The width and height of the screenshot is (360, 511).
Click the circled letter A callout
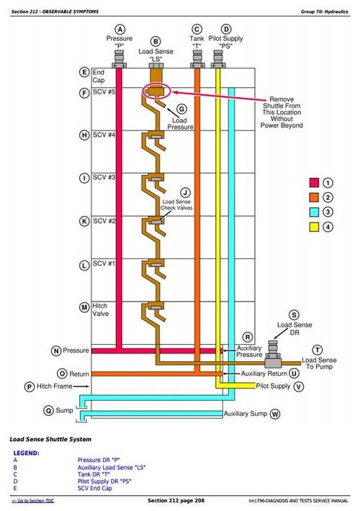[x=120, y=29]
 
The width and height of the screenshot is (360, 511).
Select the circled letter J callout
[x=185, y=192]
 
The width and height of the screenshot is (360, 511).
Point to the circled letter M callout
[x=84, y=307]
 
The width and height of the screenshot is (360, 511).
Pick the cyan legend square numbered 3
[x=315, y=212]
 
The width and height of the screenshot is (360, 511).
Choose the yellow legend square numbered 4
[x=315, y=227]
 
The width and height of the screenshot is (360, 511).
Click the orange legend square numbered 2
[x=315, y=197]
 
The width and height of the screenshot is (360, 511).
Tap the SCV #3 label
[x=104, y=177]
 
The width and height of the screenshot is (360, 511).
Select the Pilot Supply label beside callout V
[x=273, y=386]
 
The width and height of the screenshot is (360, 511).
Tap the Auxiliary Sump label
[x=246, y=415]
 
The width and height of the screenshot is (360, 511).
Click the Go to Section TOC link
[x=32, y=500]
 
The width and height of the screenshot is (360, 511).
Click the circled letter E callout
[x=84, y=72]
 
